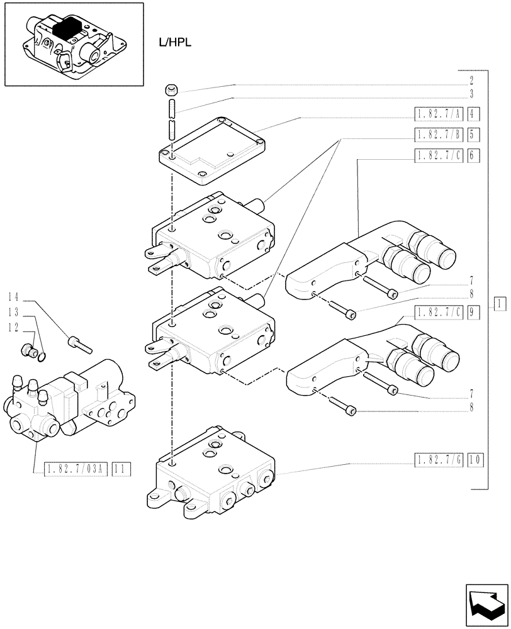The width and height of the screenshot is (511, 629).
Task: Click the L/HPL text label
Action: tap(174, 42)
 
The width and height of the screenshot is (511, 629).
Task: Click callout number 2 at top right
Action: tap(471, 81)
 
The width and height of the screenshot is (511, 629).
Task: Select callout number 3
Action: tap(471, 94)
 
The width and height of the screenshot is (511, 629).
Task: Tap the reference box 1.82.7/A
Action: tap(439, 114)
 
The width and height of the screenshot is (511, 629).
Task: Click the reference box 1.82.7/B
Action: tap(439, 134)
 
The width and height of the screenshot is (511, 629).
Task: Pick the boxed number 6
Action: tap(474, 155)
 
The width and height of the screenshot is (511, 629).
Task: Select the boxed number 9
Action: tap(474, 311)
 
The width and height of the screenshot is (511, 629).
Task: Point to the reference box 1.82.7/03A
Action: tap(77, 468)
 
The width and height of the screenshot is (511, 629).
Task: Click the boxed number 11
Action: tap(122, 468)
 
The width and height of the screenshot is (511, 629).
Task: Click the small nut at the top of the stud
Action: tap(171, 89)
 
